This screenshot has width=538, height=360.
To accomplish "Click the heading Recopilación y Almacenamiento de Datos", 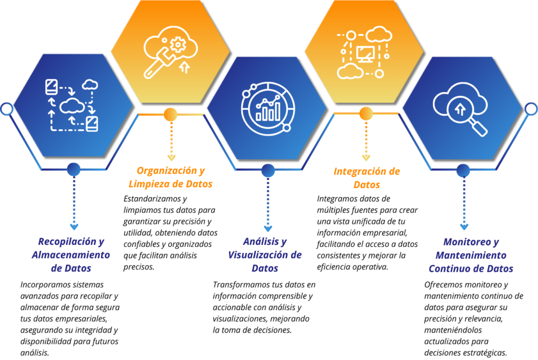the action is pyautogui.click(x=71, y=255).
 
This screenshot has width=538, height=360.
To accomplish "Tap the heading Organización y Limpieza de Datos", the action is pyautogui.click(x=171, y=177).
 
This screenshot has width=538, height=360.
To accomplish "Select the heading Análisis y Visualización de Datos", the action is pyautogui.click(x=265, y=255).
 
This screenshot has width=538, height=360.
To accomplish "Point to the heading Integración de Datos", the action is pyautogui.click(x=367, y=178).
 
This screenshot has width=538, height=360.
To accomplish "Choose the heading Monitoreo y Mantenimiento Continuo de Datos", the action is pyautogui.click(x=471, y=255).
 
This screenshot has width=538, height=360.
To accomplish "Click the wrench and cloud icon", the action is pyautogui.click(x=171, y=52).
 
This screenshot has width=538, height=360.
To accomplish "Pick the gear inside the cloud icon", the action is pyautogui.click(x=178, y=45).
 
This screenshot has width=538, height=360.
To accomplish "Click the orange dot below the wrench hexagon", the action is pyautogui.click(x=171, y=115).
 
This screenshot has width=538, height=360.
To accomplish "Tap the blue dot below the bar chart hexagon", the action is pyautogui.click(x=268, y=171).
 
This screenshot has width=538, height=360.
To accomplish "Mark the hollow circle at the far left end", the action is pyautogui.click(x=6, y=109).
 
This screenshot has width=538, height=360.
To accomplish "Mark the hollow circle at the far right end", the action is pyautogui.click(x=532, y=109).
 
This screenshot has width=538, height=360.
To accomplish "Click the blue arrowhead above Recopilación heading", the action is pyautogui.click(x=74, y=227).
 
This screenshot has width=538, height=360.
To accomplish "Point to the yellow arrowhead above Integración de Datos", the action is pyautogui.click(x=366, y=158).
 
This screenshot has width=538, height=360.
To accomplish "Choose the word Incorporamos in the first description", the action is pyautogui.click(x=42, y=285).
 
